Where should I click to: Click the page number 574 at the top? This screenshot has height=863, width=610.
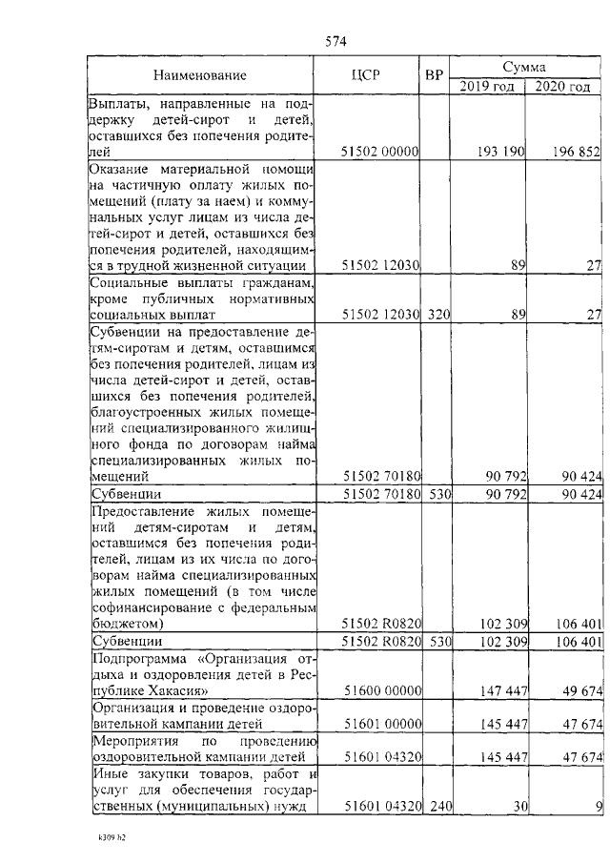(335, 42)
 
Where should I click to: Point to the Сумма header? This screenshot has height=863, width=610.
(525, 68)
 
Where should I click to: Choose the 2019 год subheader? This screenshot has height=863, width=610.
(487, 86)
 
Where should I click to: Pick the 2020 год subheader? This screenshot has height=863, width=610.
(562, 86)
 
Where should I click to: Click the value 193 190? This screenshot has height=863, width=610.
(500, 151)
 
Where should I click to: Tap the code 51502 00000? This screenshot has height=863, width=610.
(380, 151)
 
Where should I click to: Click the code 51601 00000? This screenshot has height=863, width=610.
(380, 724)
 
